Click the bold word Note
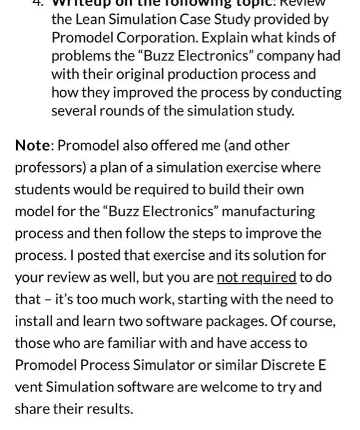tap(32, 146)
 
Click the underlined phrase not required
tap(256, 278)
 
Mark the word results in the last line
tap(112, 409)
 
